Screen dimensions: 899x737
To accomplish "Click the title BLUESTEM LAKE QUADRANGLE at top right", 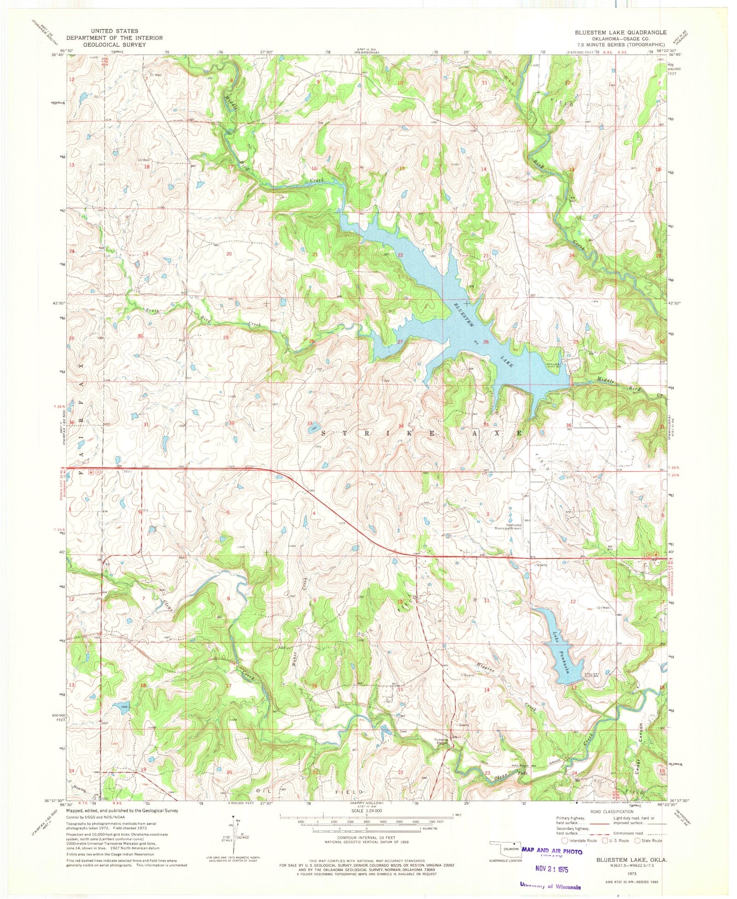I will pyautogui.click(x=620, y=32).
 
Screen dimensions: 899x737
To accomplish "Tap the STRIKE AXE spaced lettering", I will pyautogui.click(x=421, y=434).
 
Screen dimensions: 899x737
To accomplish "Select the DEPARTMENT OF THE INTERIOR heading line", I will pyautogui.click(x=114, y=38).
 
